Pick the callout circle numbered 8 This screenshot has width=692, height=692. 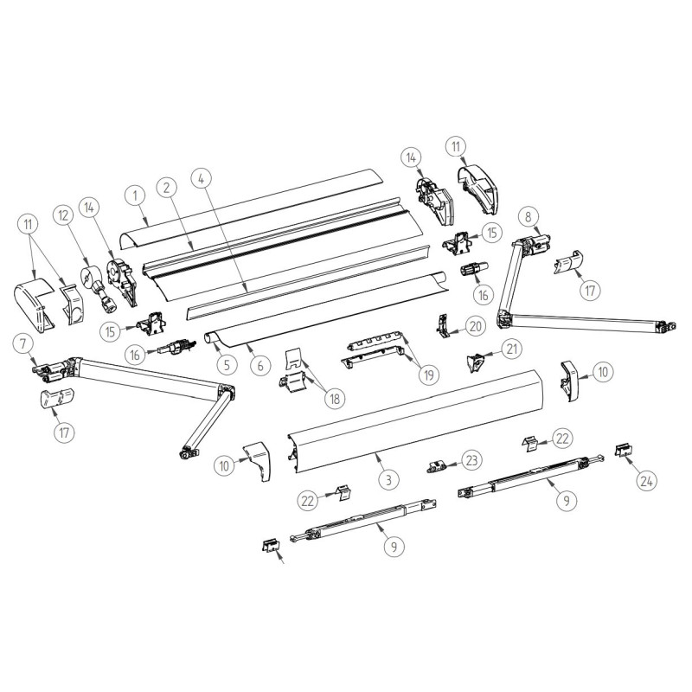(x=529, y=217)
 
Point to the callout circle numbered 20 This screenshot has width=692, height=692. (x=475, y=325)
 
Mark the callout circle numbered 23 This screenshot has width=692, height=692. (x=471, y=458)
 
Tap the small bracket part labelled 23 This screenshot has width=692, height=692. (x=438, y=466)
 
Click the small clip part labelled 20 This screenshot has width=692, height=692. (x=443, y=327)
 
